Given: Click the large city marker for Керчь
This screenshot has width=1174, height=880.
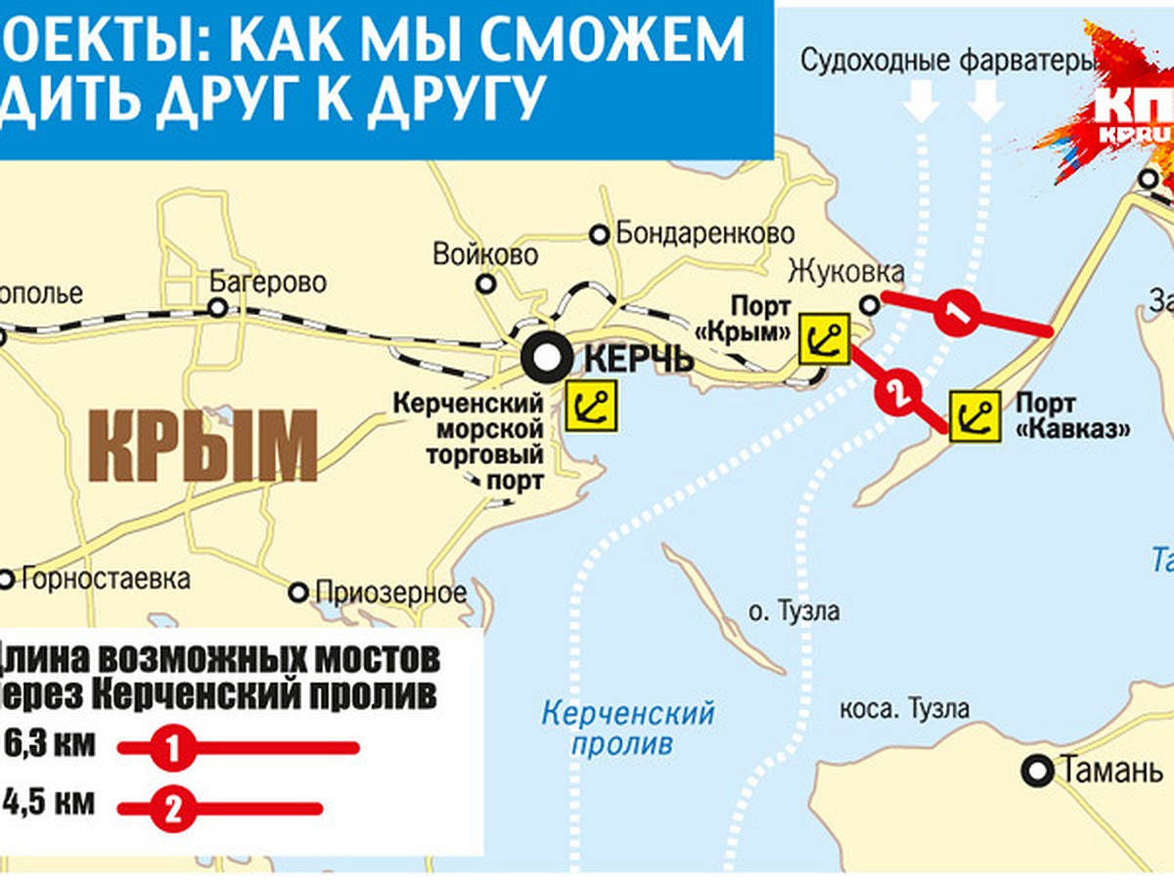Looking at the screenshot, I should click(543, 359).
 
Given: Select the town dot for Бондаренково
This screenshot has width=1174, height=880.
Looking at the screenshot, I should click(599, 235).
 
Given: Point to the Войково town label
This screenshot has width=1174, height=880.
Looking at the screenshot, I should click(486, 255).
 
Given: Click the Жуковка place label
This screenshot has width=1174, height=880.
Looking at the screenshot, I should click(845, 270).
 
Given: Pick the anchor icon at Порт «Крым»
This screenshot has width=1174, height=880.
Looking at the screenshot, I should click(824, 339).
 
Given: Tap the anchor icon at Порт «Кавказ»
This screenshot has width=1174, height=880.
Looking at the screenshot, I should click(974, 417).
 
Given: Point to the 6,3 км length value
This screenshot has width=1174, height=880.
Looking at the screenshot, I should click(49, 744).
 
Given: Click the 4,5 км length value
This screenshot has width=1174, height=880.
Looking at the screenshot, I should click(49, 803).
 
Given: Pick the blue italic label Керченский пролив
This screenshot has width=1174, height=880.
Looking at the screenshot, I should click(629, 727).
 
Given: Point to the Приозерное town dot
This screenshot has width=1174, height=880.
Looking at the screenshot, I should click(299, 593).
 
